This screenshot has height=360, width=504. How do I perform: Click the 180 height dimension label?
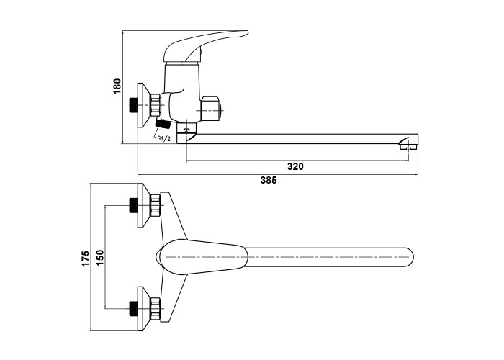[x=117, y=87]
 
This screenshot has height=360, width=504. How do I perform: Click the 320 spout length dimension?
[x=295, y=166]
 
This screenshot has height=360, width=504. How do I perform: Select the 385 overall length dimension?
[x=268, y=181]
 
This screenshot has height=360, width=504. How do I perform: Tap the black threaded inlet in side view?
[x=134, y=105]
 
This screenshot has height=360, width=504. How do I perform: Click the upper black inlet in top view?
[x=133, y=205]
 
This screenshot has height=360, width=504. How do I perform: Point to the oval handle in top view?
[x=202, y=257]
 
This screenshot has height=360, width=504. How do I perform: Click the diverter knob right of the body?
[x=213, y=109]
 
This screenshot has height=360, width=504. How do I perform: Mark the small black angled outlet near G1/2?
[x=163, y=125]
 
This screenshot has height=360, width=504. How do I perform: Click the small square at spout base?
[x=186, y=130]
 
